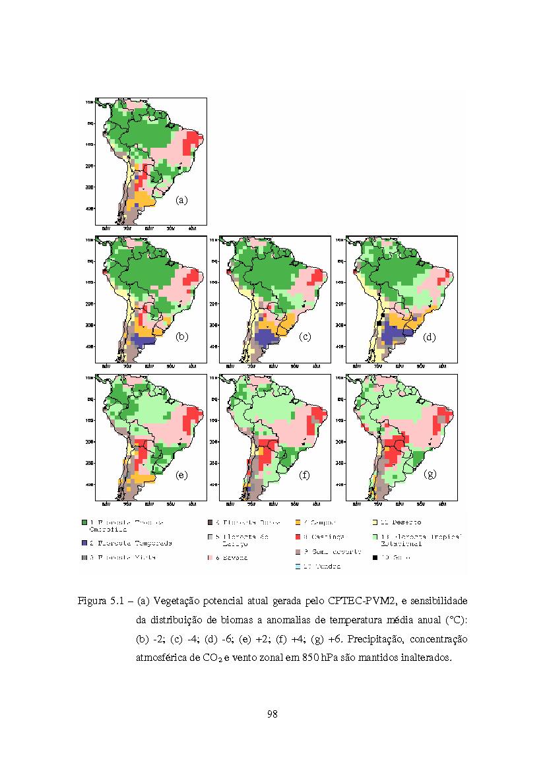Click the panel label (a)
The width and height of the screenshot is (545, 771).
182,200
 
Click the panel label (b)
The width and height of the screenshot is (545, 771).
182,336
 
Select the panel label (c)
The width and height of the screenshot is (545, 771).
304,336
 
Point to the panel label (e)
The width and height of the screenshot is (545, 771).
182,474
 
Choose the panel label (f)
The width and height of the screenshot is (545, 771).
304,474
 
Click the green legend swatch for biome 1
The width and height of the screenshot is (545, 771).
84,522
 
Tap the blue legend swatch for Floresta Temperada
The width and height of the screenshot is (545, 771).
84,543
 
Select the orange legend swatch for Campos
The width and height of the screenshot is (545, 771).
298,522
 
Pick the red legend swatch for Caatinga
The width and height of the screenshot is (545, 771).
298,537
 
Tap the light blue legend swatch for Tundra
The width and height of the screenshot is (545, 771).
298,566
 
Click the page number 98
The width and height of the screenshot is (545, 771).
272,714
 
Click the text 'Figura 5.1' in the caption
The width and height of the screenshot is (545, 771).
101,601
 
